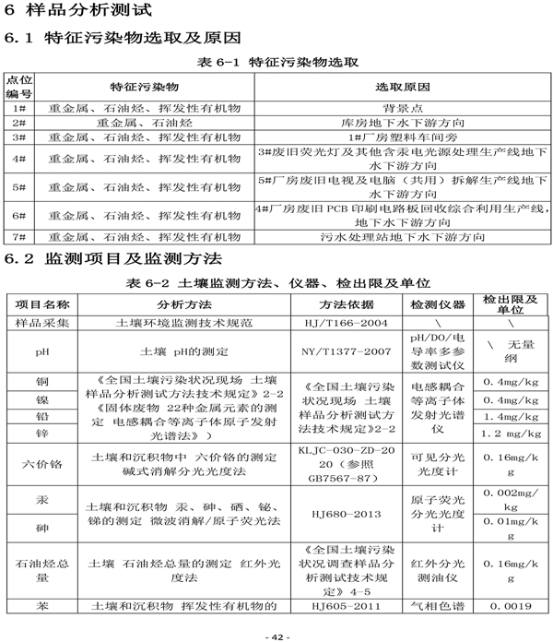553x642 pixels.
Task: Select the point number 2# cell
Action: coord(18,122)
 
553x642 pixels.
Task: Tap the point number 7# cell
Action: coord(18,236)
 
